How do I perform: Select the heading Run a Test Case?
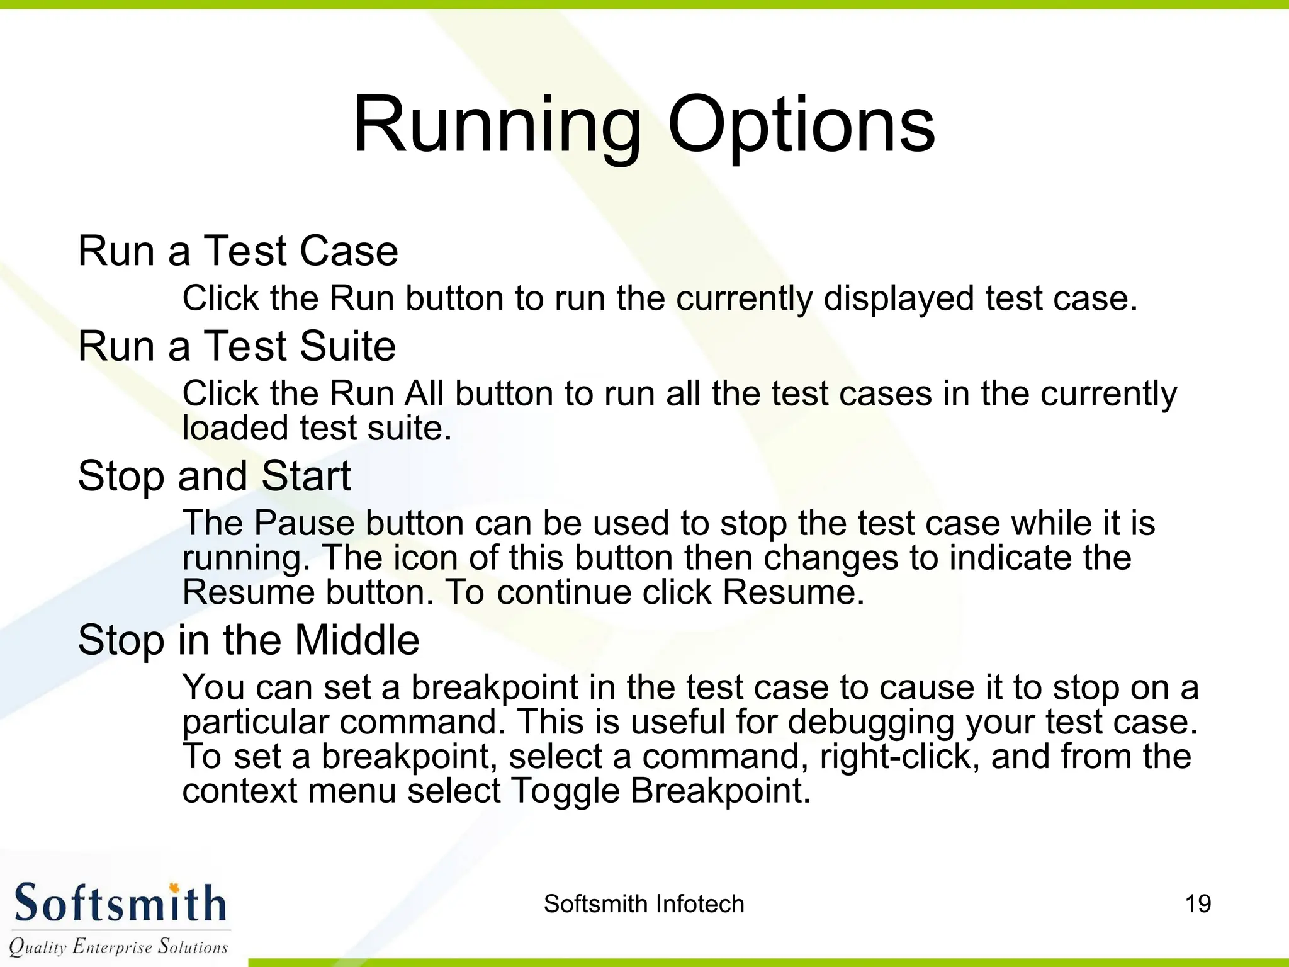coord(238,251)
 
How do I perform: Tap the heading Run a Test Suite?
coord(237,346)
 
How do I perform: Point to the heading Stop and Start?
coord(214,475)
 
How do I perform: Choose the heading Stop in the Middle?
coord(249,640)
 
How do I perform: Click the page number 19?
coord(1198,904)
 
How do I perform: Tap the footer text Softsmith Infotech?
coord(644,904)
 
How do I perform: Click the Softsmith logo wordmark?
coord(120,903)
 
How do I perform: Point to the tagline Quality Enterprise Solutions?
coord(118,946)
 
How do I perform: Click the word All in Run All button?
coord(424,393)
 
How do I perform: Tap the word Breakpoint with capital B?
coord(720,791)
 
